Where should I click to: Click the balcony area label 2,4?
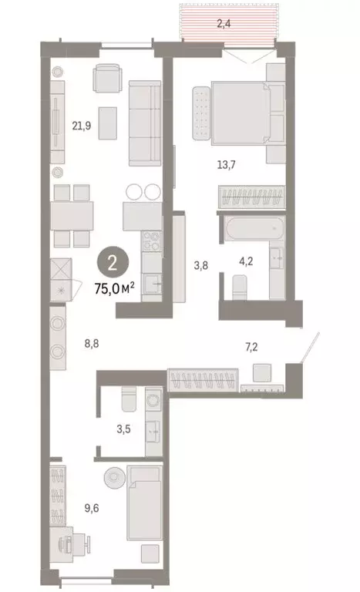coord(224,24)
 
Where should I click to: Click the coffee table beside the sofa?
coord(107,120)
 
